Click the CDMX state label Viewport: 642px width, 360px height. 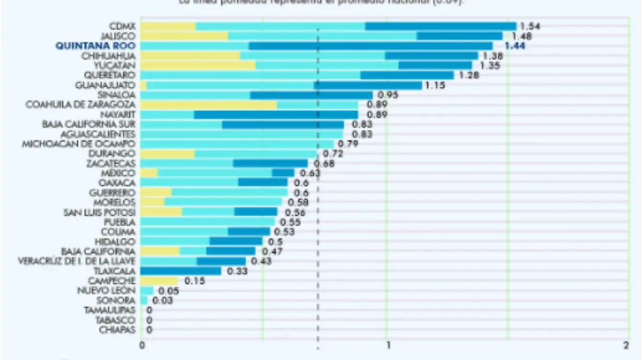pyautogui.click(x=123, y=26)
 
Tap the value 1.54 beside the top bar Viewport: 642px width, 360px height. pyautogui.click(x=531, y=26)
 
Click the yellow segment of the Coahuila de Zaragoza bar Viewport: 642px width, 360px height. pyautogui.click(x=209, y=105)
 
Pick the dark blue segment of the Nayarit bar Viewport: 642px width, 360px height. pyautogui.click(x=276, y=114)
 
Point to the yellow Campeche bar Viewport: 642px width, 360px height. pyautogui.click(x=159, y=281)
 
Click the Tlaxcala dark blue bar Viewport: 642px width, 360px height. pyautogui.click(x=181, y=271)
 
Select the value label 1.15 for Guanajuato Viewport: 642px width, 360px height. pyautogui.click(x=434, y=85)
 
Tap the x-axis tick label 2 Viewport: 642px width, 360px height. pyautogui.click(x=626, y=346)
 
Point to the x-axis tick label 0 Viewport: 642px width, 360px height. pyautogui.click(x=142, y=346)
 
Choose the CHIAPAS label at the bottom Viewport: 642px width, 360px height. pyautogui.click(x=117, y=330)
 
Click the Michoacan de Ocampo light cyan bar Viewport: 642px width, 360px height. pyautogui.click(x=237, y=144)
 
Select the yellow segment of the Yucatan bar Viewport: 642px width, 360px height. pyautogui.click(x=198, y=65)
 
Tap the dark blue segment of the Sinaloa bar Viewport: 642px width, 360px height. pyautogui.click(x=311, y=95)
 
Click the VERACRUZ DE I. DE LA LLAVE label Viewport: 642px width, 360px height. pyautogui.click(x=77, y=261)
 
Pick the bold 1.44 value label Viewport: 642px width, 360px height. pyautogui.click(x=512, y=46)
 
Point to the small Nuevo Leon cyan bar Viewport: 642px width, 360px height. pyautogui.click(x=147, y=290)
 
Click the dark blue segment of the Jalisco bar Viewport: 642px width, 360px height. pyautogui.click(x=459, y=36)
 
